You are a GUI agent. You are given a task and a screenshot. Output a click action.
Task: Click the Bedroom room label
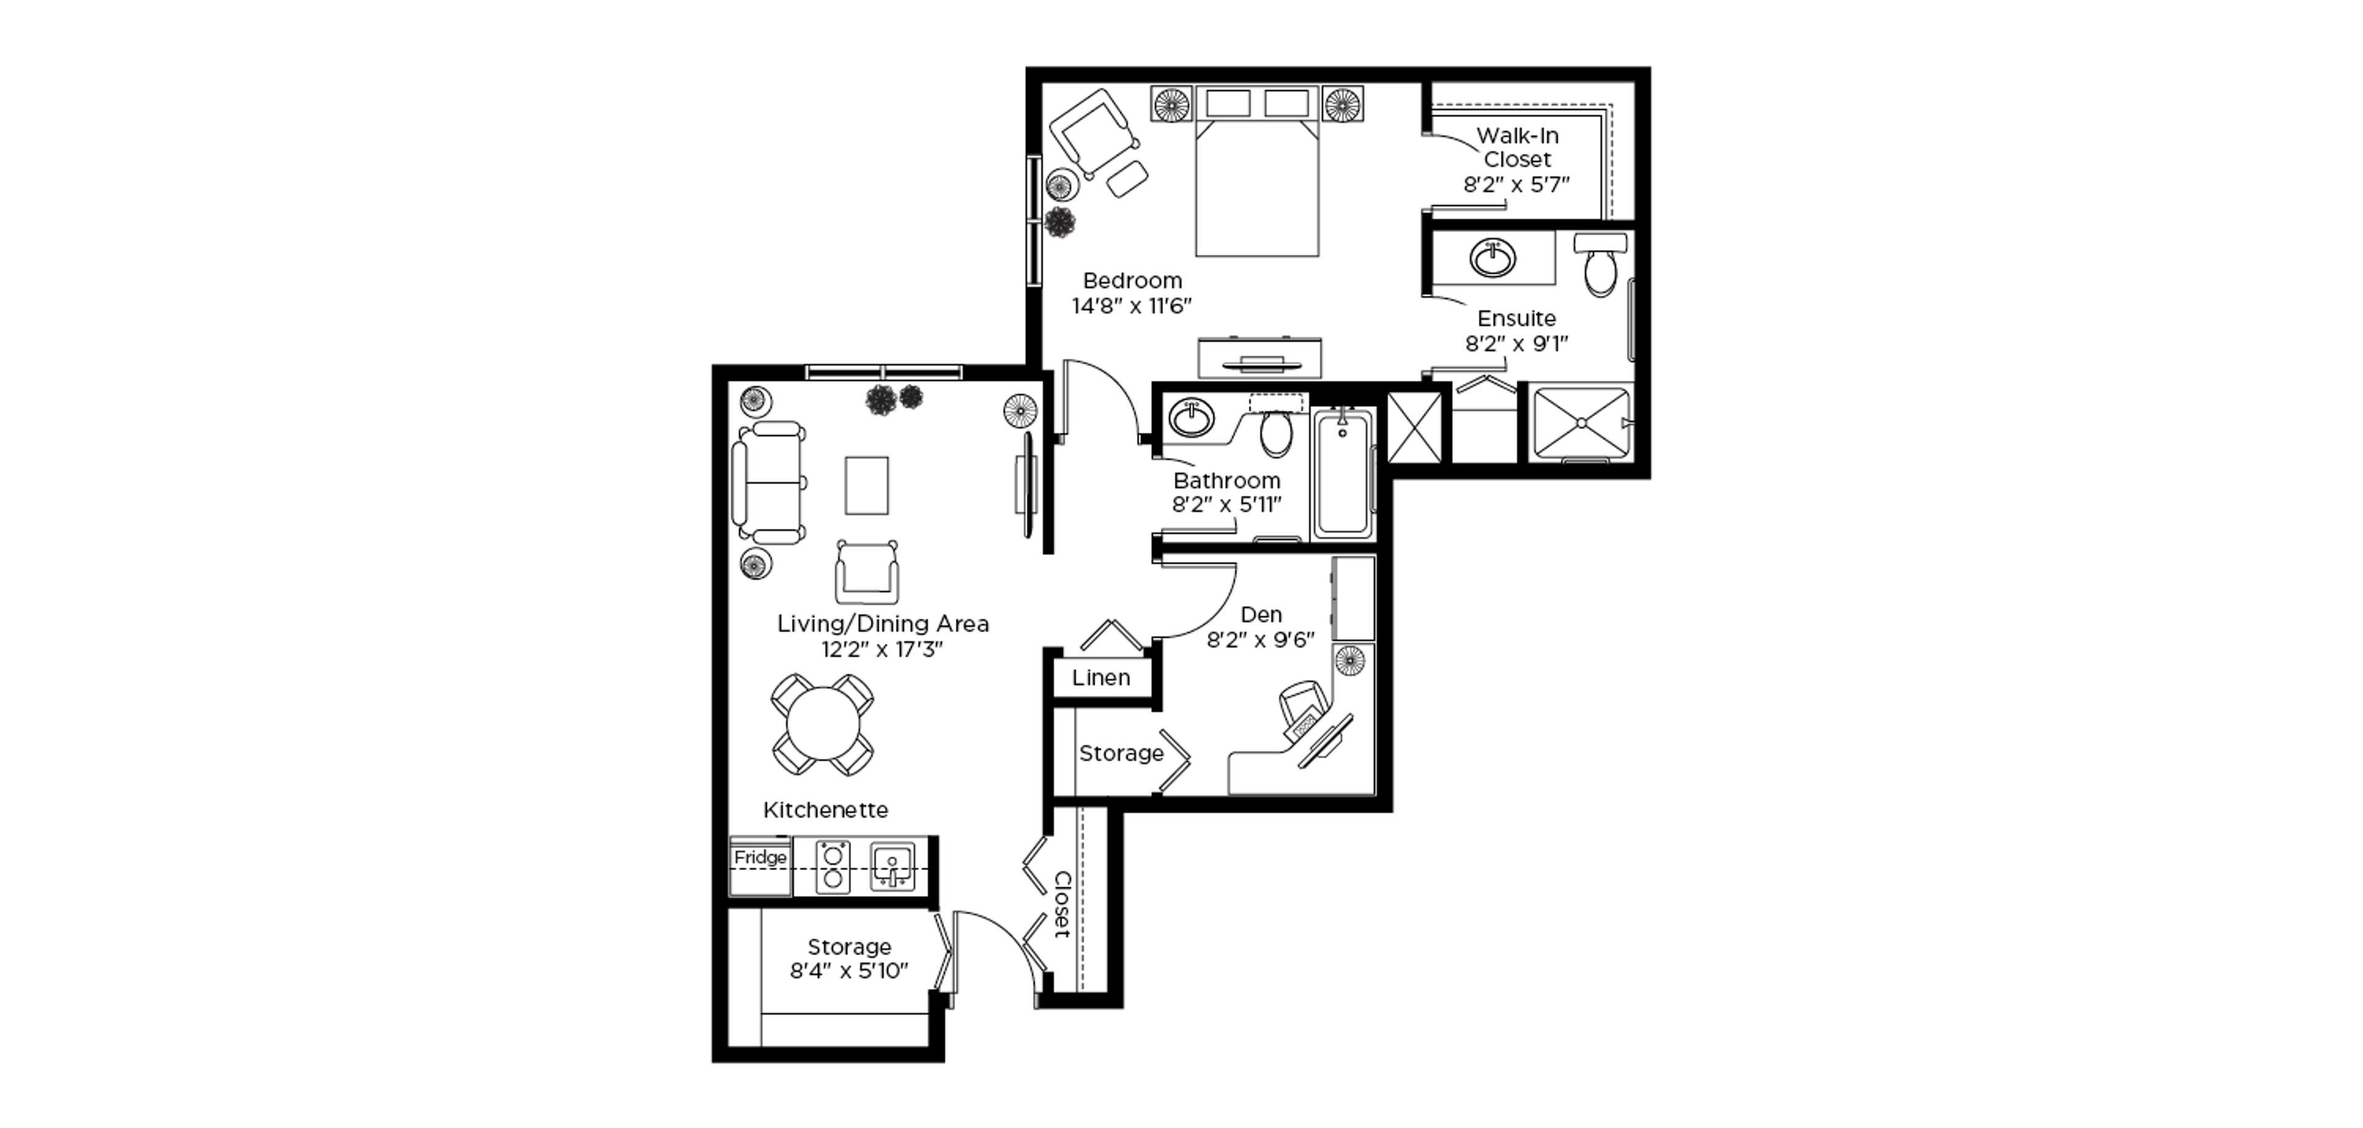[x=1132, y=281]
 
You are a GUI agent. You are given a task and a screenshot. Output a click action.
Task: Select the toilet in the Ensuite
[x=1601, y=264]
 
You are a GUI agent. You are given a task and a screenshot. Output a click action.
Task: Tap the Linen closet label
[x=1101, y=678]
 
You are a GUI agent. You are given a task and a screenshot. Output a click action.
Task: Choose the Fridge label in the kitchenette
[x=761, y=857]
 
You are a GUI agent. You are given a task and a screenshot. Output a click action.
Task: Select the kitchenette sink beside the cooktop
[x=892, y=866]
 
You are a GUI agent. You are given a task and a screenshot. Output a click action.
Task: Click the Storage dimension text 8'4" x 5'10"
[x=849, y=970]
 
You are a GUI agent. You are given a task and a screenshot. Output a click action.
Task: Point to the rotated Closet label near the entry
[x=1062, y=904]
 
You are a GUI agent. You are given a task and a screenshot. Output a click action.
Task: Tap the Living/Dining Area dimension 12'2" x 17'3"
[x=882, y=649]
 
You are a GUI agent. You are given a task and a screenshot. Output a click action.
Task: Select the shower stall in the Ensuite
[x=1582, y=423]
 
